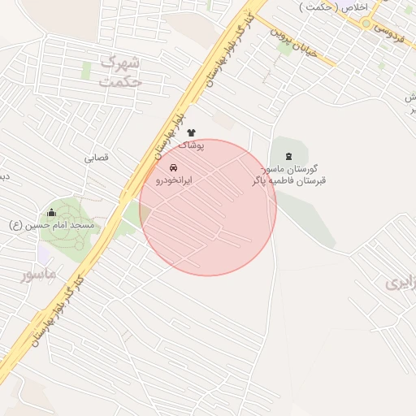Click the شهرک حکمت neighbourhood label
pyautogui.click(x=119, y=71)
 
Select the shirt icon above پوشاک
pyautogui.click(x=192, y=132)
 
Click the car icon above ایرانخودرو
pyautogui.click(x=172, y=167)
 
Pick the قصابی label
pyautogui.click(x=96, y=158)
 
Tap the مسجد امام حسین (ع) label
pyautogui.click(x=52, y=224)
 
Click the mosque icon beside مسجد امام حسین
pyautogui.click(x=52, y=213)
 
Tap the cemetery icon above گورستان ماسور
pyautogui.click(x=290, y=155)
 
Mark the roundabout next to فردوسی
pyautogui.click(x=366, y=23)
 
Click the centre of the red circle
pyautogui.click(x=208, y=207)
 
